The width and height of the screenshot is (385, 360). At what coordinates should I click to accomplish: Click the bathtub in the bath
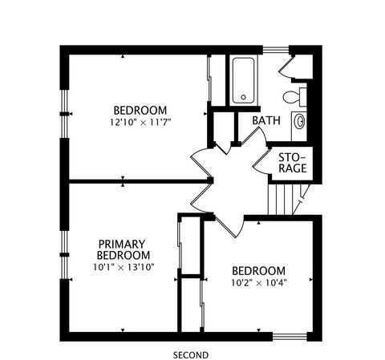pos(243,80)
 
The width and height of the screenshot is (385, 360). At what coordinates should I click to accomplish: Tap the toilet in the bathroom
pos(294,97)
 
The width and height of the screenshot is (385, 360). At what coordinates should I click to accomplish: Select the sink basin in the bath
pos(300,122)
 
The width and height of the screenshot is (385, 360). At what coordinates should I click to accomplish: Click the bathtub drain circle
pos(243,97)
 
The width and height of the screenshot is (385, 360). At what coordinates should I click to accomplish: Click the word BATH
pos(266,120)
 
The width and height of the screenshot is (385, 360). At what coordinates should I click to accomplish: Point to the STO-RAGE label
pos(293,163)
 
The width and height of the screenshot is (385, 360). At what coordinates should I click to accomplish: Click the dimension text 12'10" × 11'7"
pos(140,123)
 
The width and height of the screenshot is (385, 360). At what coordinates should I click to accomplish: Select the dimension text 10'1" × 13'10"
pos(124,267)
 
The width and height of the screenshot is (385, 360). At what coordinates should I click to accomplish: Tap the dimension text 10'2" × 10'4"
pos(259,283)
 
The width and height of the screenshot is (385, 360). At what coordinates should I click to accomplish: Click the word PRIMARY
pos(122,244)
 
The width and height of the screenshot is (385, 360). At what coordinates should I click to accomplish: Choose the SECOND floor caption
pos(191,355)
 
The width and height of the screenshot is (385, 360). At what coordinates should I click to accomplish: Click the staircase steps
pos(288,200)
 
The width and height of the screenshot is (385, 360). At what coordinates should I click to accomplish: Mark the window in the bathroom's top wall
pos(276,50)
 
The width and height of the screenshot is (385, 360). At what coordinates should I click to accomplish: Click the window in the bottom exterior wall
pos(290,337)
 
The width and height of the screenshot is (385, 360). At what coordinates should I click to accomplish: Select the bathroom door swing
pos(254,136)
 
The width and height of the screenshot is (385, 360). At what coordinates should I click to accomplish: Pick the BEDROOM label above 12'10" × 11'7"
pos(140,111)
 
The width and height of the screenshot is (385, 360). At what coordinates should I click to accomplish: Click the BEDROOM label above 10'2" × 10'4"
pos(258,271)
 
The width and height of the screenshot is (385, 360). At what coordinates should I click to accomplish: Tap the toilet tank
pos(303,97)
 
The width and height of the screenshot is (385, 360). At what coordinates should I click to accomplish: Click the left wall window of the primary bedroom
pos(64,255)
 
